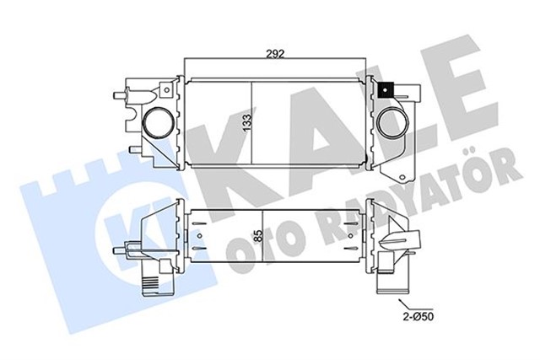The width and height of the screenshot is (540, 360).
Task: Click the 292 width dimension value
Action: point(275,52)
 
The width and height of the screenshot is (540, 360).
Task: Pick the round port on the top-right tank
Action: point(391,122)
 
